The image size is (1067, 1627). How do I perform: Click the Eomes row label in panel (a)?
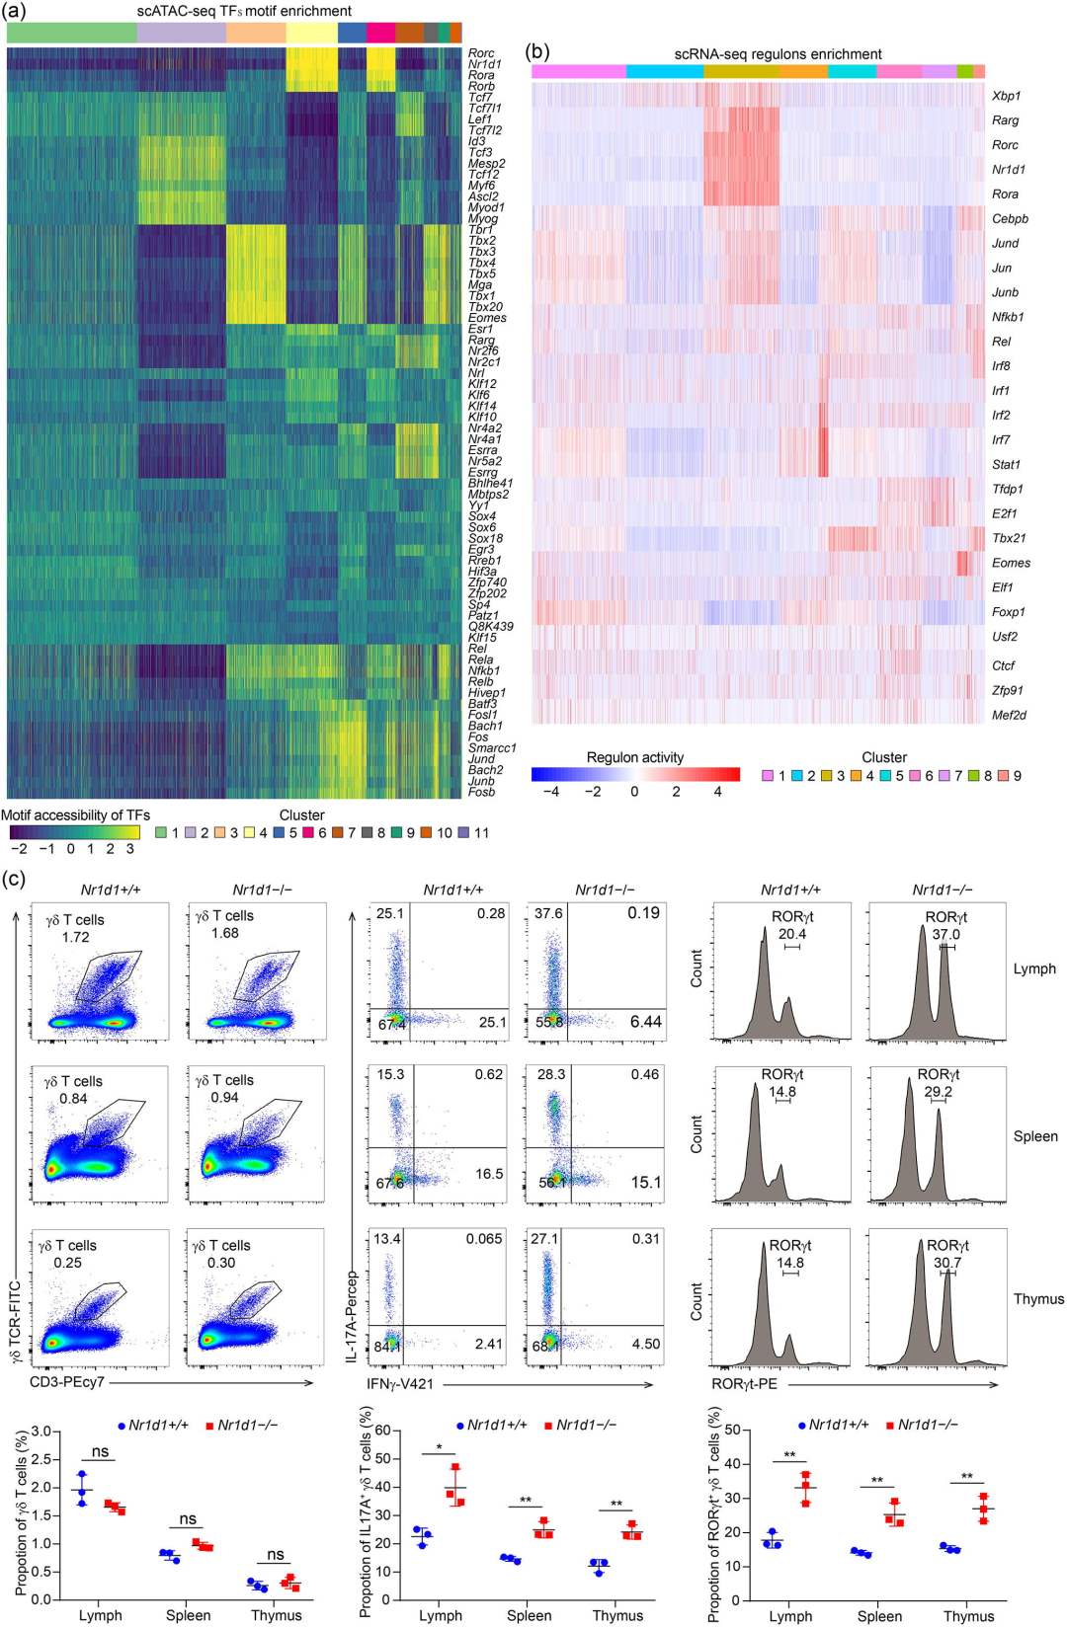tap(487, 318)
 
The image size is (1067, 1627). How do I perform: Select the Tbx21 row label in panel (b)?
tap(1009, 538)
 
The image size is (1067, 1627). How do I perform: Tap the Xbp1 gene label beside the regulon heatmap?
tap(1006, 96)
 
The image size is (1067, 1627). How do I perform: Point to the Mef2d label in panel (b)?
tap(1009, 715)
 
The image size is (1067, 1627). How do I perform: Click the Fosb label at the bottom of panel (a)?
tap(482, 792)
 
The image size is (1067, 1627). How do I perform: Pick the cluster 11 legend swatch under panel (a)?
tap(467, 833)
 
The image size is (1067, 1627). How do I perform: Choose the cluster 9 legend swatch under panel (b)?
tap(1003, 776)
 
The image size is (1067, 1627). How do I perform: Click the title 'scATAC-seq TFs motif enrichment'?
tap(244, 11)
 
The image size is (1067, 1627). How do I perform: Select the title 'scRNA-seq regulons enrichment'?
tap(778, 54)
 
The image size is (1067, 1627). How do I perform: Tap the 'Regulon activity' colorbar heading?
tap(635, 757)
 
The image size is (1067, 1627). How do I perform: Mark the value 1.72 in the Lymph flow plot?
tap(75, 937)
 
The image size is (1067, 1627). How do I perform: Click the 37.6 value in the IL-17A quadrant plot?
tap(548, 913)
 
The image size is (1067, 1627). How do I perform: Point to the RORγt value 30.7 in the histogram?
tap(946, 1262)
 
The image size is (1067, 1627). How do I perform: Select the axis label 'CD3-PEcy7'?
tap(67, 1382)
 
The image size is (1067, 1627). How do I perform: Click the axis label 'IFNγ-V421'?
tap(400, 1383)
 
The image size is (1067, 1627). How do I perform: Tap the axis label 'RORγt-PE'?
tap(744, 1384)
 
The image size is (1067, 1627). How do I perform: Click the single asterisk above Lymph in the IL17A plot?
tap(439, 1448)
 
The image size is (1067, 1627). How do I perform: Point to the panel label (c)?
tap(15, 878)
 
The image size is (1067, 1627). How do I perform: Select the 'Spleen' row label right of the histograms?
tap(1035, 1136)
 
